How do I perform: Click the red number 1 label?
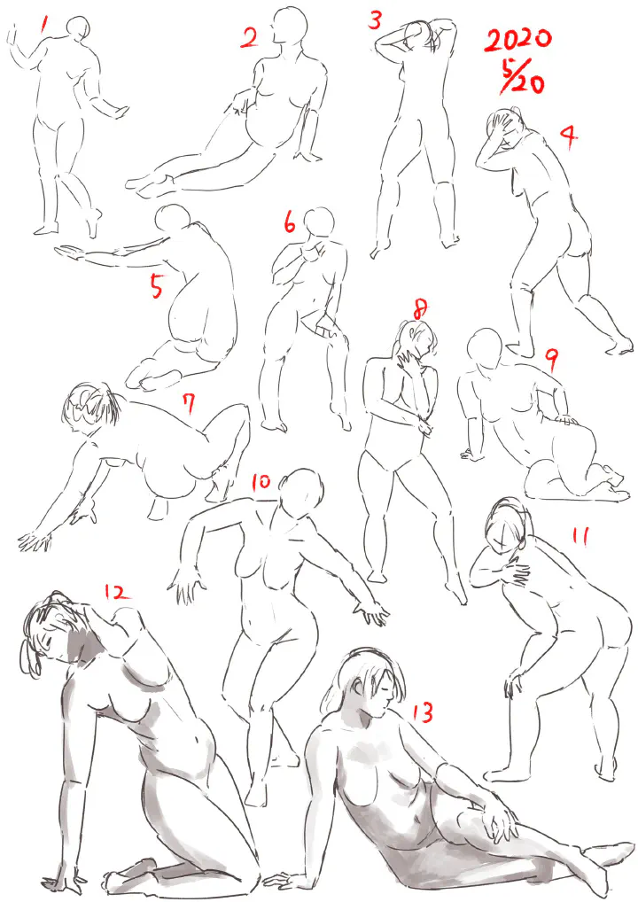pyautogui.click(x=43, y=25)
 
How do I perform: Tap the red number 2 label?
pyautogui.click(x=249, y=38)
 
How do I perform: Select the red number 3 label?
pyautogui.click(x=375, y=20)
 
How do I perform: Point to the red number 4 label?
pyautogui.click(x=568, y=136)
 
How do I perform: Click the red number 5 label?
pyautogui.click(x=157, y=285)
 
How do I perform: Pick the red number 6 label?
pyautogui.click(x=290, y=222)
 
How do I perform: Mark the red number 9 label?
pyautogui.click(x=552, y=360)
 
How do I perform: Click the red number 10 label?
pyautogui.click(x=261, y=481)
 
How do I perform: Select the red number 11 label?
pyautogui.click(x=580, y=535)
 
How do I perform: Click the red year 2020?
pyautogui.click(x=517, y=40)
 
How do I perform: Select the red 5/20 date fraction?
pyautogui.click(x=520, y=76)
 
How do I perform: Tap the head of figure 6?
pyautogui.click(x=319, y=222)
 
